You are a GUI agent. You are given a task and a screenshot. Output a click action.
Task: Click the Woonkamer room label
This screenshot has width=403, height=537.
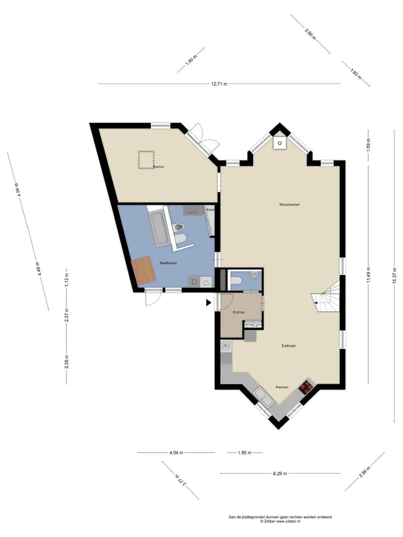point(289,205)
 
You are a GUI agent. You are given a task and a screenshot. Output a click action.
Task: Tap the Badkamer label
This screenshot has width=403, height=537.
point(168,263)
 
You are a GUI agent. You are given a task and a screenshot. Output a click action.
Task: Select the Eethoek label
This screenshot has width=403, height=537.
point(289,346)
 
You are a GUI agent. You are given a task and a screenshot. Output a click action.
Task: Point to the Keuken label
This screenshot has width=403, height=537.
point(282,387)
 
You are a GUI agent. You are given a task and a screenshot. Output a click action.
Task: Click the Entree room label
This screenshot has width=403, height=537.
point(238,312)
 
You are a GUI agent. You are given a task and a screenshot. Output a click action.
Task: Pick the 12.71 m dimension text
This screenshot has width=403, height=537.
point(219,83)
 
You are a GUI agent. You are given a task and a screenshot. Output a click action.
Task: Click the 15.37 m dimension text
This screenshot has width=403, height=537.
point(395,275)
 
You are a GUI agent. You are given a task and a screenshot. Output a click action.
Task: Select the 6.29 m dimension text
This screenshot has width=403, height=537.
point(280,473)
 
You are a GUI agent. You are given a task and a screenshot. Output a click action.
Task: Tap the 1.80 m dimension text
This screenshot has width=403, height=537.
point(245,453)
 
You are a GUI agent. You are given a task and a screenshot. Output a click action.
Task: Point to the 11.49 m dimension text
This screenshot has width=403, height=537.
point(368,275)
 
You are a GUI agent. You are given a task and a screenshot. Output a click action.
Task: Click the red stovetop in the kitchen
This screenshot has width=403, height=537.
point(306,387)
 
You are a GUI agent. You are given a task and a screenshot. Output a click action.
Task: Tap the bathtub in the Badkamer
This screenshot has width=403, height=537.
point(158,228)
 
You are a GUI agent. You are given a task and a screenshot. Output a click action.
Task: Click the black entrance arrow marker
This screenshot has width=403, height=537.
point(208,303)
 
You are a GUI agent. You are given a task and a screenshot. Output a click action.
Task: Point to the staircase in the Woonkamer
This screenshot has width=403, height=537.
point(326,295)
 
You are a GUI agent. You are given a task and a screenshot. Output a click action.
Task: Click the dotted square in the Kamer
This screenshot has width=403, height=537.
point(146,160)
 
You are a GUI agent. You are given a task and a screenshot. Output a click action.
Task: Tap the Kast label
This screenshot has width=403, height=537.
point(210,209)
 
